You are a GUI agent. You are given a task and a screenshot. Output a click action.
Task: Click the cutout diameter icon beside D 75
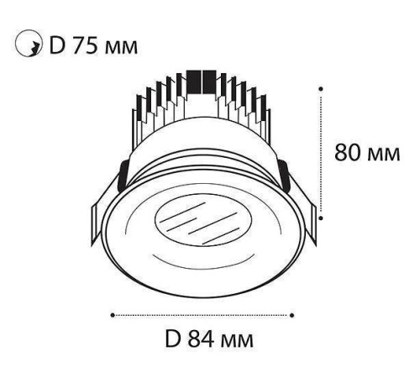point(29,43)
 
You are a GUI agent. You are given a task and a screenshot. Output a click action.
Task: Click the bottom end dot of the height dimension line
point(323,218)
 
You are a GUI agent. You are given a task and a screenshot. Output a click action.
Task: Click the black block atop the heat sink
point(202,80)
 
